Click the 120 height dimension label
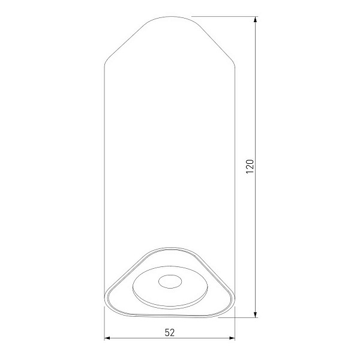coord(250,166)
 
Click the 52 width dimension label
coord(170,332)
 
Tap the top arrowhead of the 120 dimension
coord(255,19)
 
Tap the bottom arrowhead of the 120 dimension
coord(255,314)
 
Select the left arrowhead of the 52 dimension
coord(107,338)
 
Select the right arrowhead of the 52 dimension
coord(232,338)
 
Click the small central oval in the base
coord(170,281)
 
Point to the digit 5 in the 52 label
coord(167,332)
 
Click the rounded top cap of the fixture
coord(171,17)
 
